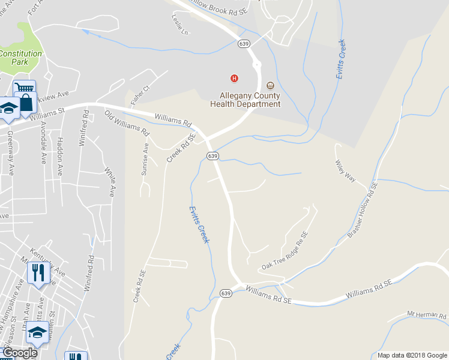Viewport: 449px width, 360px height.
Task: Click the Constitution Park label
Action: [x=21, y=58]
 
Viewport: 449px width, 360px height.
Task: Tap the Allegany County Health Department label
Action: [x=245, y=100]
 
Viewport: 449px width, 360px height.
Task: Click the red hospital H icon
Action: [x=234, y=78]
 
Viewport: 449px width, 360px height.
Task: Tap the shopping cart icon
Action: [x=23, y=89]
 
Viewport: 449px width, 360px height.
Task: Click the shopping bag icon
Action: [x=26, y=103]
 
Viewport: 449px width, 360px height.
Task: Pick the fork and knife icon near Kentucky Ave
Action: [x=37, y=272]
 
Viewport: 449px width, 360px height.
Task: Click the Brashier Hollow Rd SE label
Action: [x=362, y=210]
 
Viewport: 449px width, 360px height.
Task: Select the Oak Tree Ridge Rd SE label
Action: [x=285, y=250]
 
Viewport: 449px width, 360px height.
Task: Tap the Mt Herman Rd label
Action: [x=427, y=314]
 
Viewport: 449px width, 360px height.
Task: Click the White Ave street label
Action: [x=110, y=182]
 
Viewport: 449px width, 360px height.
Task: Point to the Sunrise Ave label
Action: [x=144, y=159]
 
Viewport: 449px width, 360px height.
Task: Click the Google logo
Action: [x=20, y=353]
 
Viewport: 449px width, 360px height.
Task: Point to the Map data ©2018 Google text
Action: [x=412, y=355]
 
